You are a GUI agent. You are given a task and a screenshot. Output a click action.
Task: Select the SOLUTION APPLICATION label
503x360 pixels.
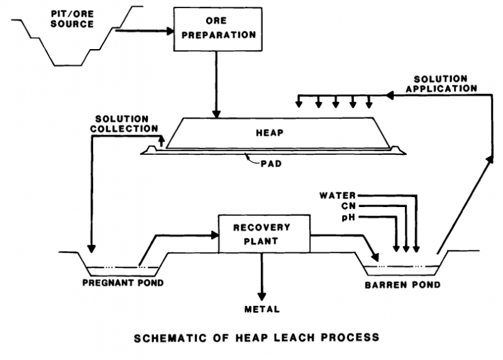pos(440,84)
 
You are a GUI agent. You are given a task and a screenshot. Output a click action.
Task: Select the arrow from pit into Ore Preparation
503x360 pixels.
pos(145,31)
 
